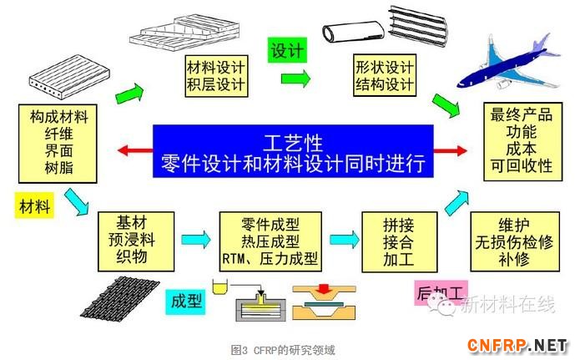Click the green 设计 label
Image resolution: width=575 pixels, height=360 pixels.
tap(286, 50)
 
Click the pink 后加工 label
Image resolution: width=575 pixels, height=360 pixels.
tap(441, 293)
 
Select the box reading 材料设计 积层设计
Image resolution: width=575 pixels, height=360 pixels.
tap(216, 75)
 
